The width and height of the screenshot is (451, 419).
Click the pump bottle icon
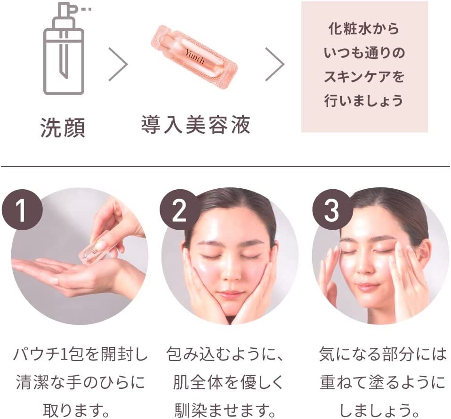click(64, 49)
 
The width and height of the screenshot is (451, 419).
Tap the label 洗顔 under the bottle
click(63, 127)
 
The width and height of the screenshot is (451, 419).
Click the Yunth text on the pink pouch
click(195, 56)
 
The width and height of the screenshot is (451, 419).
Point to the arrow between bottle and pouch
click(118, 64)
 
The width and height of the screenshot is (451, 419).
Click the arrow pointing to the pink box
click(274, 64)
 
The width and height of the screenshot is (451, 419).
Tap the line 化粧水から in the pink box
click(364, 29)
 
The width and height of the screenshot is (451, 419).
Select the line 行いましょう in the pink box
click(364, 101)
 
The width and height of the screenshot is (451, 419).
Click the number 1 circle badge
click(22, 209)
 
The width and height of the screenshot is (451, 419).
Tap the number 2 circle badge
click(179, 209)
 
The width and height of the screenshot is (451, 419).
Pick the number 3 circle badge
click(332, 209)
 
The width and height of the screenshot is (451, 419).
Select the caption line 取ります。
click(77, 410)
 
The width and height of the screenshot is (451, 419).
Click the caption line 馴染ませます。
click(225, 410)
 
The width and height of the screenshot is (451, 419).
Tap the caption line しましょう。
click(379, 410)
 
